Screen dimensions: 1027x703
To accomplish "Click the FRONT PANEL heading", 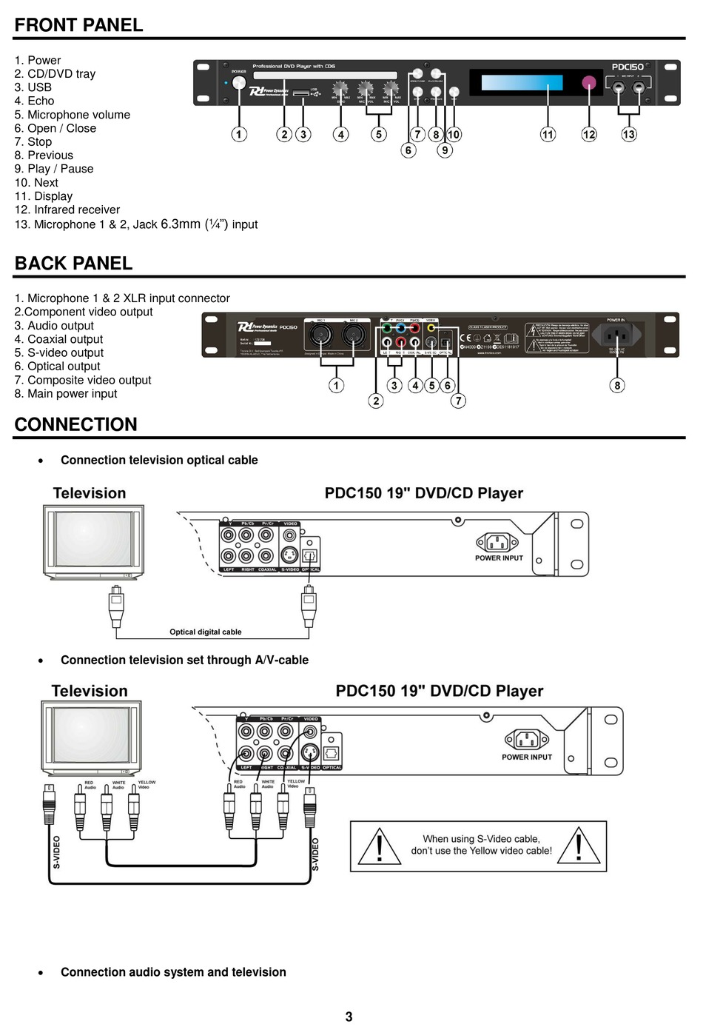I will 79,25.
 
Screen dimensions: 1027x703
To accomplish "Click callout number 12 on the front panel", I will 589,134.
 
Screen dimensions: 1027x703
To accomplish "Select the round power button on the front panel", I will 239,83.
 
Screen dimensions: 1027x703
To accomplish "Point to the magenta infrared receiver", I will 589,82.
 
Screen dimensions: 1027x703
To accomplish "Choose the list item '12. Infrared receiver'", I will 67,210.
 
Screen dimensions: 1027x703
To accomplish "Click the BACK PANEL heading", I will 74,264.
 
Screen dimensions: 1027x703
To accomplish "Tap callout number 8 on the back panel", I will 617,385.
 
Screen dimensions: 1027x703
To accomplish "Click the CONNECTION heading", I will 76,424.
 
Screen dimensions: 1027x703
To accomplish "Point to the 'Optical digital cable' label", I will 206,632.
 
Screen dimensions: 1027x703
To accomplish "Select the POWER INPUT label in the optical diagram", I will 499,558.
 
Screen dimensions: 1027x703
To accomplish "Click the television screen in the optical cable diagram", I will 92,538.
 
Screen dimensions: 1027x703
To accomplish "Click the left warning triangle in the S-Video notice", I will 379,846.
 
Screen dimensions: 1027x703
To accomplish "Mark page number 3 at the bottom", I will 349,1017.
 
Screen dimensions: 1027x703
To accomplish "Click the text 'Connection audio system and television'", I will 173,972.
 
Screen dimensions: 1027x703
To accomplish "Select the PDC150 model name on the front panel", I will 628,67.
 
